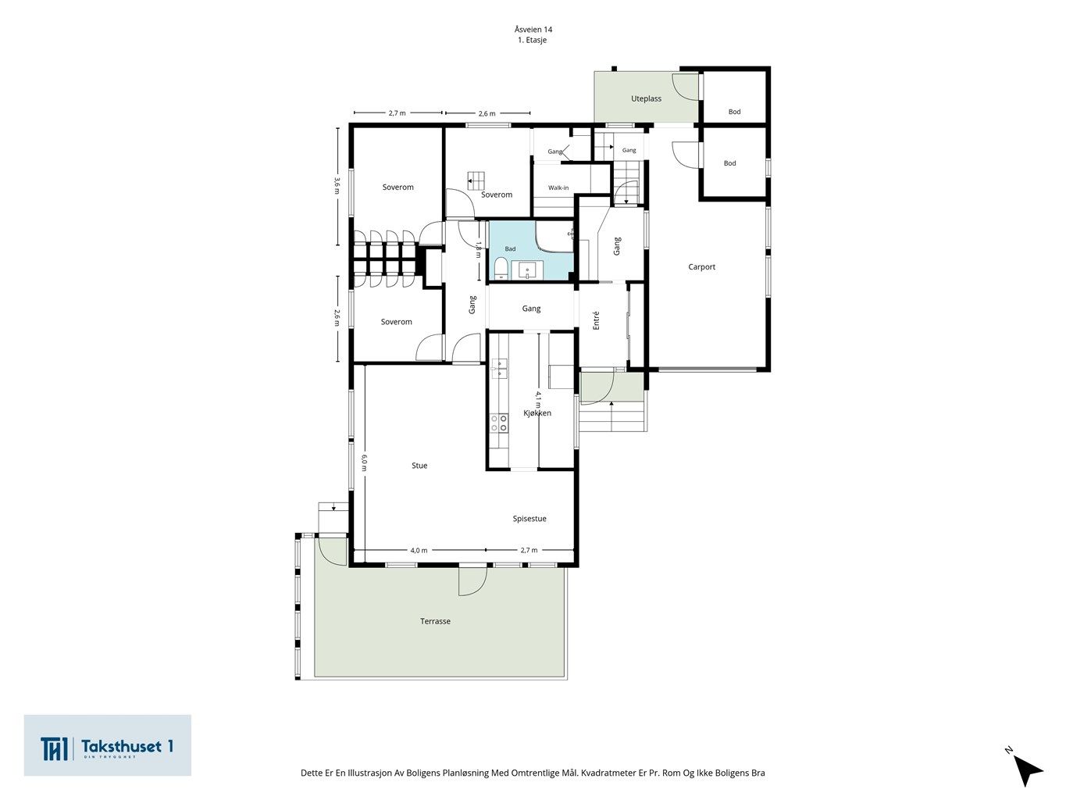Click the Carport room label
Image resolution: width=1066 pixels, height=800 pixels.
click(701, 266)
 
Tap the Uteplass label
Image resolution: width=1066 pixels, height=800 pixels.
click(646, 98)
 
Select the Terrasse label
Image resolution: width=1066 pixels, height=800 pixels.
click(435, 621)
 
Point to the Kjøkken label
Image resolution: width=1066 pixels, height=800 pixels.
click(537, 412)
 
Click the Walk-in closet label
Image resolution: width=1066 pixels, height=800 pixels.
click(558, 187)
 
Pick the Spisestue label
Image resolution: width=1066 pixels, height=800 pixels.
click(529, 518)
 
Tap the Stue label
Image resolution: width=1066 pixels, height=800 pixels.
click(419, 466)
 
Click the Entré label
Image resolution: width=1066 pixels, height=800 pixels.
click(597, 320)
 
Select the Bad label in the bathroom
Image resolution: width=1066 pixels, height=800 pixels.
click(510, 248)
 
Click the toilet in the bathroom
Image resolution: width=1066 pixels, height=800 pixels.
click(501, 269)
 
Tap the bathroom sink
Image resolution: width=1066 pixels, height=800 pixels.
click(527, 270)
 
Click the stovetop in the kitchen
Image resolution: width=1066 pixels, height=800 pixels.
click(499, 423)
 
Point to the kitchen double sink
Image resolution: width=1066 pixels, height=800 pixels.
click(499, 368)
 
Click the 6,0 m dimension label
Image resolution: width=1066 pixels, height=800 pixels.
click(364, 462)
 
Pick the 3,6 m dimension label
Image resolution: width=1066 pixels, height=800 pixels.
click(337, 185)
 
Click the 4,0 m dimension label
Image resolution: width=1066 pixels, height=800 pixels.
click(419, 550)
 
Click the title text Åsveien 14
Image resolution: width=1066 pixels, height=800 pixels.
click(533, 29)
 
